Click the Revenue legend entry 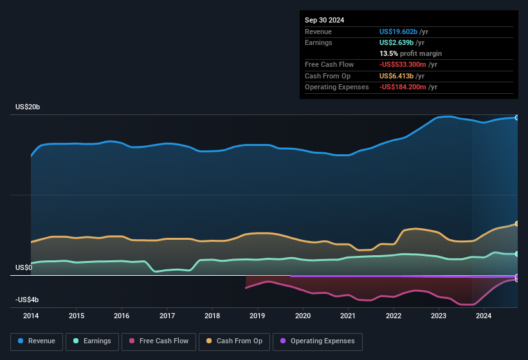(x=37, y=341)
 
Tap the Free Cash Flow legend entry (x=159, y=341)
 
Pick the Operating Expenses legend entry (x=318, y=341)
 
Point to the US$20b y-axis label (x=28, y=107)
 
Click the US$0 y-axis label (x=23, y=267)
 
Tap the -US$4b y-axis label (x=26, y=300)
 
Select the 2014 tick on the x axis (x=31, y=316)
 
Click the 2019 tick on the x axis (x=257, y=316)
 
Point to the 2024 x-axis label (x=484, y=316)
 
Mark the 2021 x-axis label (x=348, y=316)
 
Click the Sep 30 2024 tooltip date (x=324, y=20)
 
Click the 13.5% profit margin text (x=411, y=53)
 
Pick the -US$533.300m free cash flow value (x=408, y=64)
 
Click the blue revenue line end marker (x=517, y=118)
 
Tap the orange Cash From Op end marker (x=517, y=224)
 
